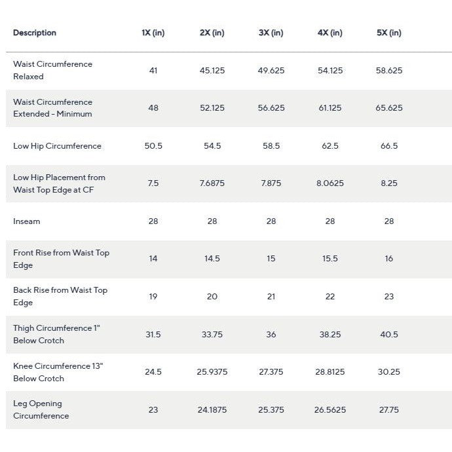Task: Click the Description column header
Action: (35, 33)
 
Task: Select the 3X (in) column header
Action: (271, 33)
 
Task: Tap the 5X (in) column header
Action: (389, 33)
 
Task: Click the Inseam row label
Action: (26, 221)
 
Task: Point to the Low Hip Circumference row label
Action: (57, 146)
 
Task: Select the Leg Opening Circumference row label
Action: (41, 409)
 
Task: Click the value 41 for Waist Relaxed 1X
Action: (153, 70)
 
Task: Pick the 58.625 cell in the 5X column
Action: (389, 70)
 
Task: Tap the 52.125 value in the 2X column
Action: (212, 108)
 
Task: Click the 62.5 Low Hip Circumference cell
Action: (330, 146)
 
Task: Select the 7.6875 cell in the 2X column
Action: (212, 183)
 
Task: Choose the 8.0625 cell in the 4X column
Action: (330, 183)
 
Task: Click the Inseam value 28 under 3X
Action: (271, 221)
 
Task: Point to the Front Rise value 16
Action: (389, 259)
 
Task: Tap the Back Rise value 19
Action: (153, 296)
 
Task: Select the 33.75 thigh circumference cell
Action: (212, 334)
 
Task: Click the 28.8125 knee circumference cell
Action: (330, 372)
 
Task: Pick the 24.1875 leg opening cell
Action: (212, 409)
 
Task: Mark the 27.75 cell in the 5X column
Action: (389, 409)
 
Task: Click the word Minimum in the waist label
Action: (75, 114)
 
